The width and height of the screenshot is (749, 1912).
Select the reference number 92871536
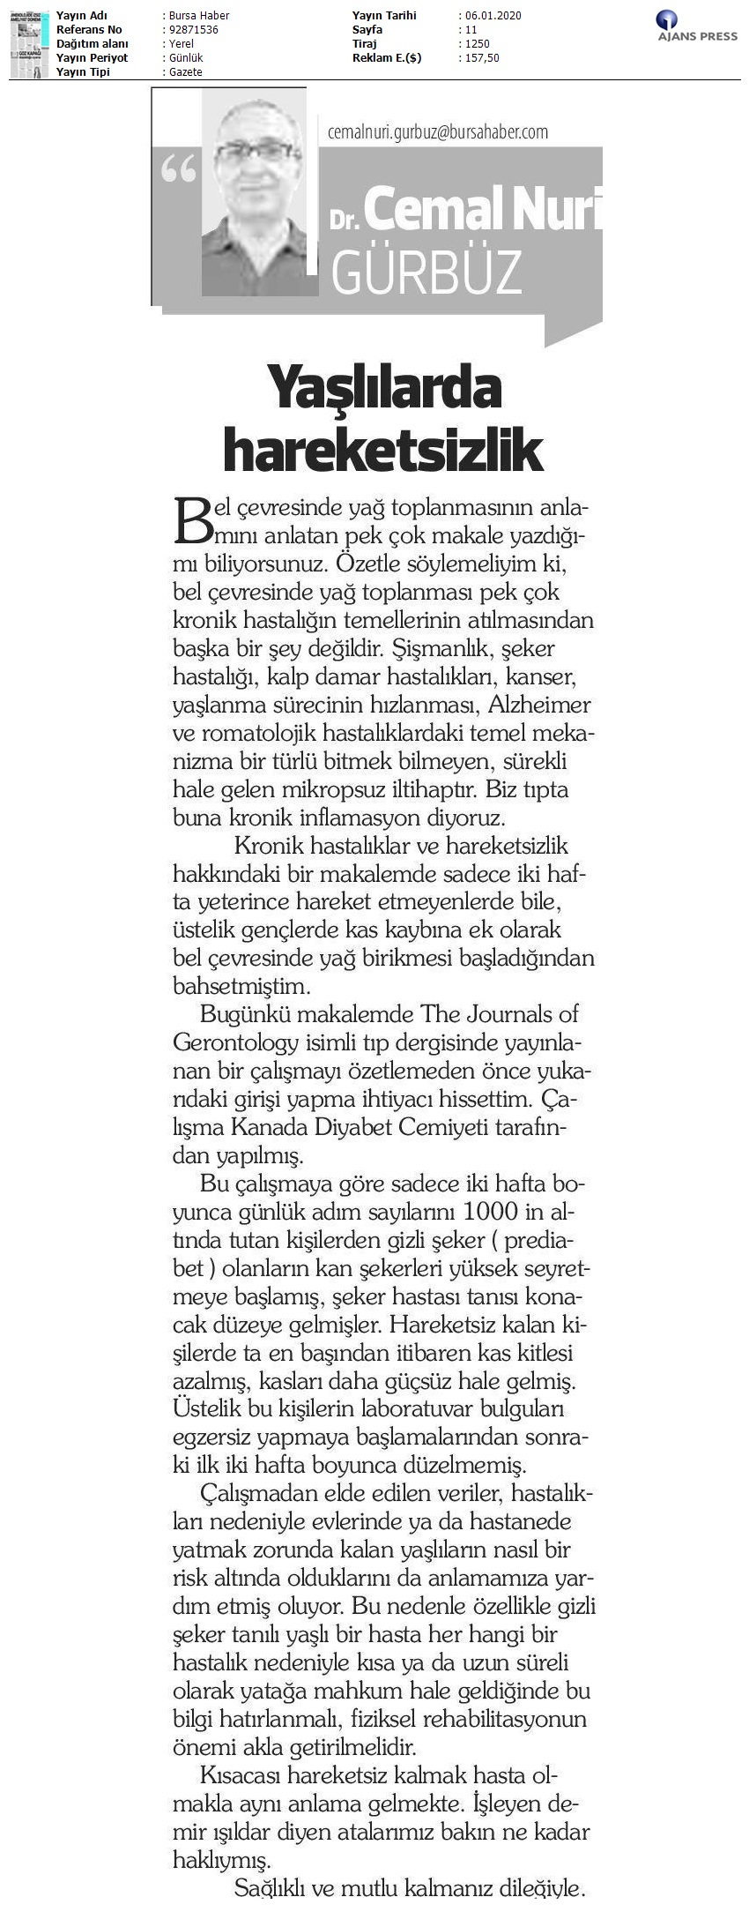click(191, 30)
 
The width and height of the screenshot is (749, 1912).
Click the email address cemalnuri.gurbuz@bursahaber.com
click(437, 131)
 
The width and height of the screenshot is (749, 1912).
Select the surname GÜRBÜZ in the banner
click(426, 272)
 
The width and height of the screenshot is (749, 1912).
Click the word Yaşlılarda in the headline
click(384, 389)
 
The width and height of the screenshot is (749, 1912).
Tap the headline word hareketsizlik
click(383, 449)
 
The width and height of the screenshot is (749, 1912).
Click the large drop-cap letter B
click(193, 519)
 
